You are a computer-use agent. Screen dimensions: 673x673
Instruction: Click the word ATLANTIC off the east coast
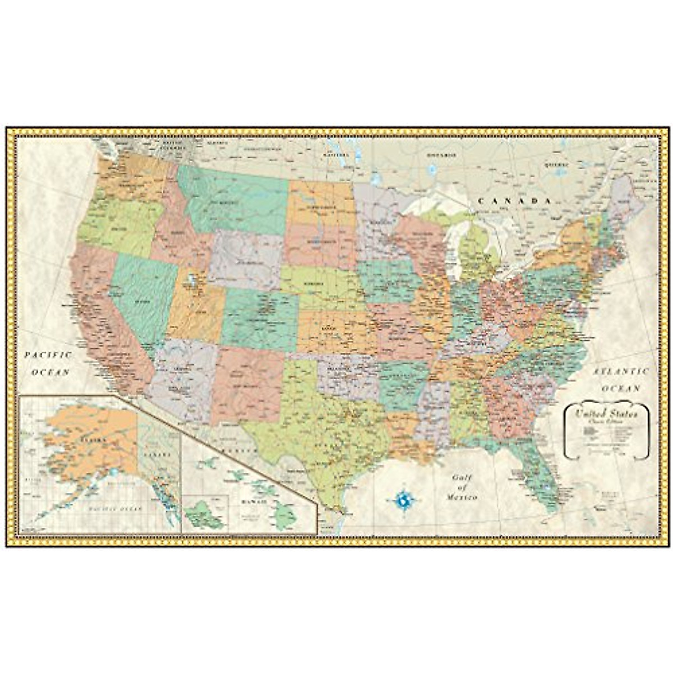(621, 371)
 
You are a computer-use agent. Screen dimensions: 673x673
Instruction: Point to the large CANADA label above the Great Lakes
(512, 201)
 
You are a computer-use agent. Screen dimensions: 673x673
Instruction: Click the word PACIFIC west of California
(48, 355)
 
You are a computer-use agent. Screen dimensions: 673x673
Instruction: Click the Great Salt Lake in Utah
(192, 279)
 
